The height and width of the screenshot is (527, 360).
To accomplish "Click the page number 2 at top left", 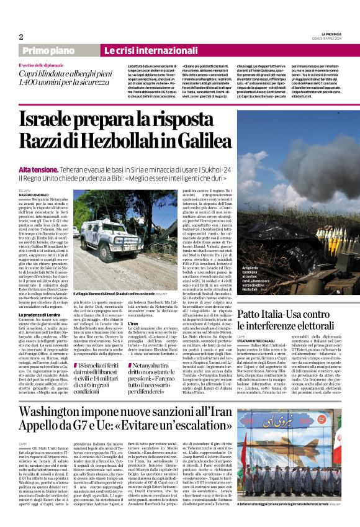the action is pyautogui.click(x=20, y=37).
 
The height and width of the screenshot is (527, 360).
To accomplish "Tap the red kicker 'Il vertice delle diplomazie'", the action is pyautogui.click(x=43, y=65).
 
